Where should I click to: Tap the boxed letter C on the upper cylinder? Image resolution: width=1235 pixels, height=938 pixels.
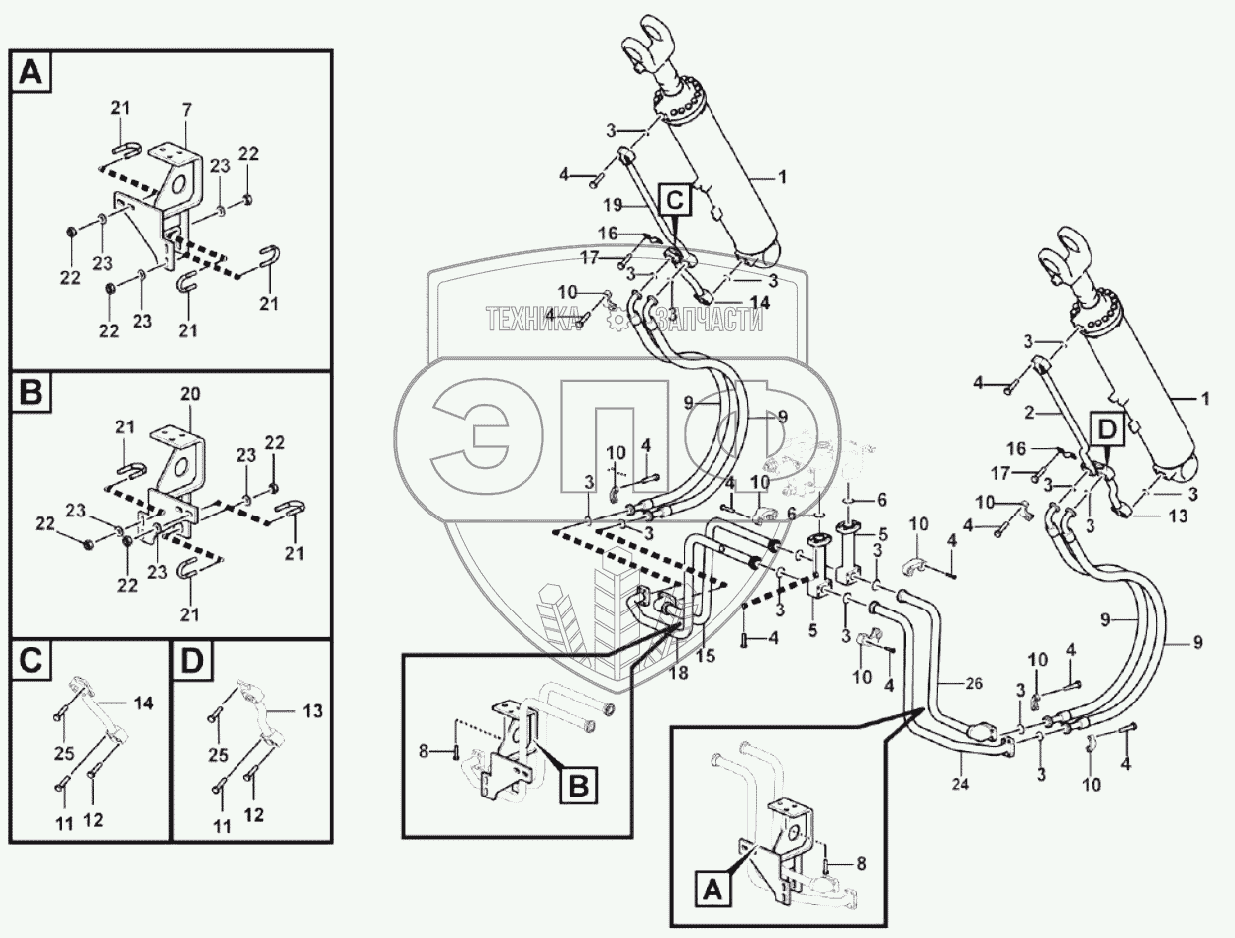pos(674,202)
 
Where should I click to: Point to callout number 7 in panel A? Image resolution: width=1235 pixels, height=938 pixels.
pos(185,107)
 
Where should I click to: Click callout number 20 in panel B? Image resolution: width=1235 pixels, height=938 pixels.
pos(190,394)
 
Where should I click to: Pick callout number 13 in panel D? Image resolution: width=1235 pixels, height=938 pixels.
pos(312,710)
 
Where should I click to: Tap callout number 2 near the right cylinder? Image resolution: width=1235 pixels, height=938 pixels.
pos(1028,411)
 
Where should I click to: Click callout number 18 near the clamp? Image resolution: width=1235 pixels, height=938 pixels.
pos(676,673)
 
